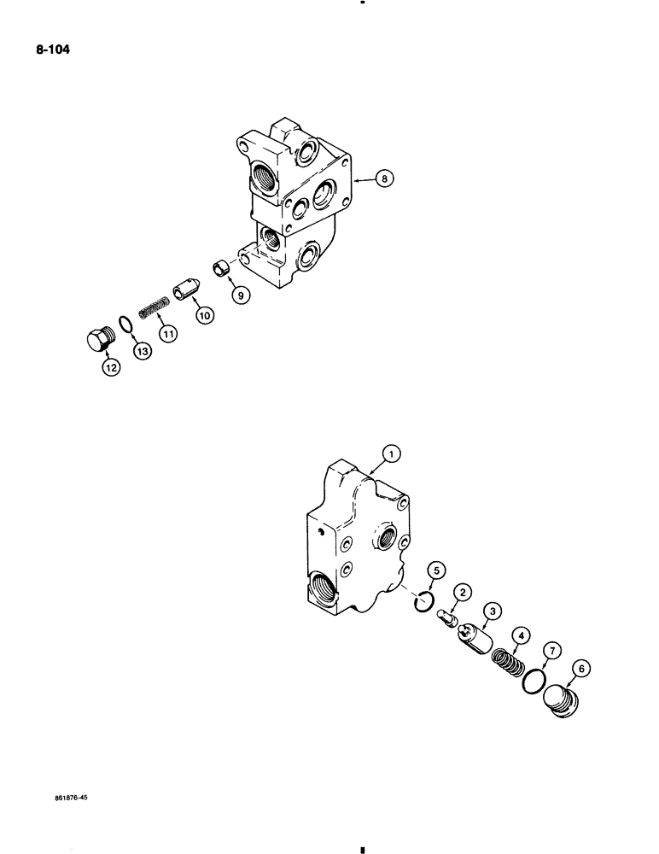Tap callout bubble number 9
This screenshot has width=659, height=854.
click(x=240, y=294)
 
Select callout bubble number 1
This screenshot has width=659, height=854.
click(x=389, y=454)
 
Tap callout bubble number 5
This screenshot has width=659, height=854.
click(x=435, y=570)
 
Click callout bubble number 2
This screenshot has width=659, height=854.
click(x=462, y=592)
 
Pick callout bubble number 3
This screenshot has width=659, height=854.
click(x=493, y=611)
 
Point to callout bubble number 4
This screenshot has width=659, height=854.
click(x=521, y=635)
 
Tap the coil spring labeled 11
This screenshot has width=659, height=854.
click(x=155, y=303)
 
